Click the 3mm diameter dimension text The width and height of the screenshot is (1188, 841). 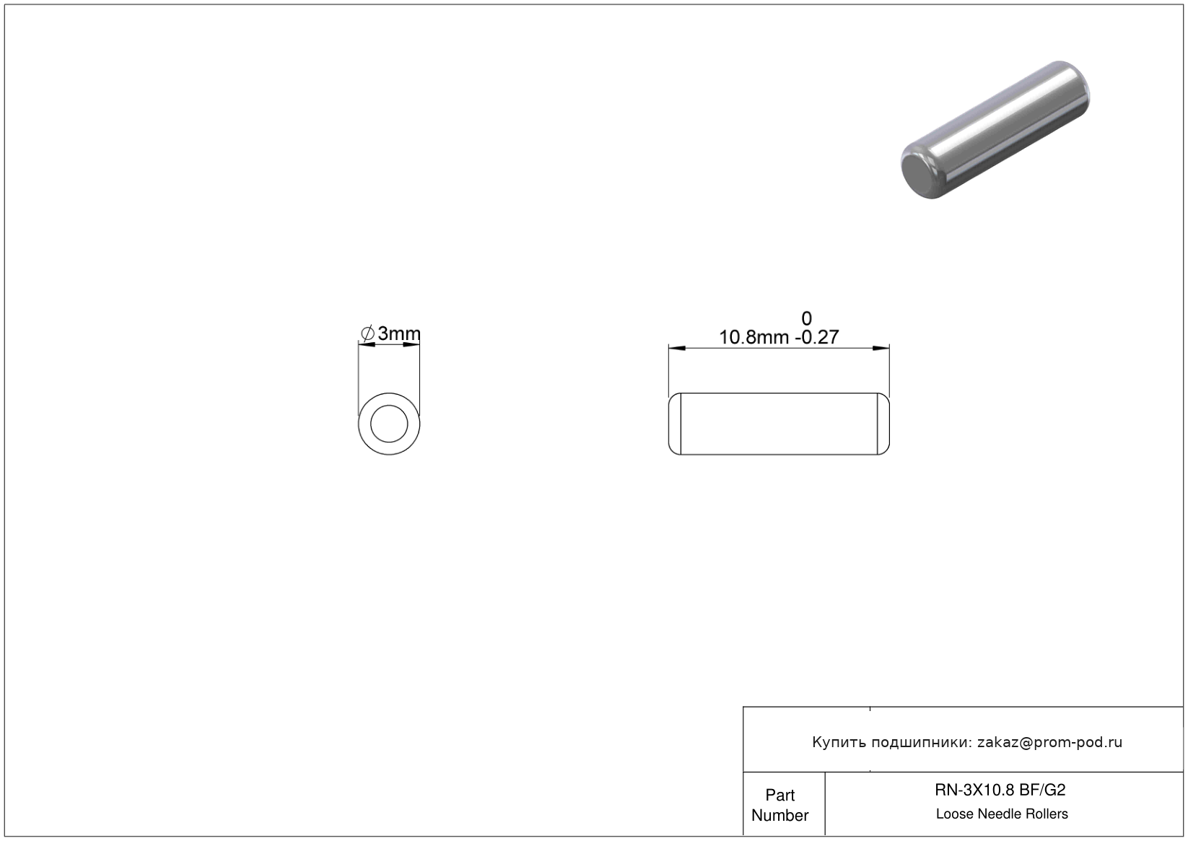point(399,334)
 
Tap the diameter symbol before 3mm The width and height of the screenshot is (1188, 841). point(367,334)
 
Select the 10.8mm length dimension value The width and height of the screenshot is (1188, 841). point(754,337)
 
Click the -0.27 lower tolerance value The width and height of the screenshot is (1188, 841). point(817,337)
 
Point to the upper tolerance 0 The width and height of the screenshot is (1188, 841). point(806,318)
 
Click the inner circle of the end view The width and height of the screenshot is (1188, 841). point(389,406)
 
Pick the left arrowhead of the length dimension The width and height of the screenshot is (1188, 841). point(677,348)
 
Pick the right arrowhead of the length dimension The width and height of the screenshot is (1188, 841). point(881,348)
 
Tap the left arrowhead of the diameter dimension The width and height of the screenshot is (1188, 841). point(367,345)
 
